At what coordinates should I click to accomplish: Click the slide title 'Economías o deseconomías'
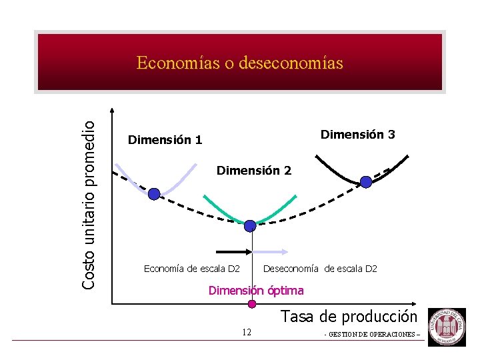239,63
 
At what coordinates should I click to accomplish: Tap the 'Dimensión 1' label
165,140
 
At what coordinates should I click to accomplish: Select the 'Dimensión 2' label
254,171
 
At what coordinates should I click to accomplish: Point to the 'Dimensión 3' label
358,135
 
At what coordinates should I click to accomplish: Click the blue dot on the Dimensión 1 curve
154,194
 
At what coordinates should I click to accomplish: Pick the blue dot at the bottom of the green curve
250,226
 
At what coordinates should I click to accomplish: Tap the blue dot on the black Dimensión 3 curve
366,181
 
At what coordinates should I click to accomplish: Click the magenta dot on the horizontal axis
252,305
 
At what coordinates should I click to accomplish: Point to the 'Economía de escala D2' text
192,269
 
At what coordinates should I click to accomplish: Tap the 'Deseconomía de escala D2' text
321,269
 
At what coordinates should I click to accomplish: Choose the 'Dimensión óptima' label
256,291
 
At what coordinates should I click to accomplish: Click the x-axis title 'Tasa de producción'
349,317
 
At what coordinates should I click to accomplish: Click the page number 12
247,332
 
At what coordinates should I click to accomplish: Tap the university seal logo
446,327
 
